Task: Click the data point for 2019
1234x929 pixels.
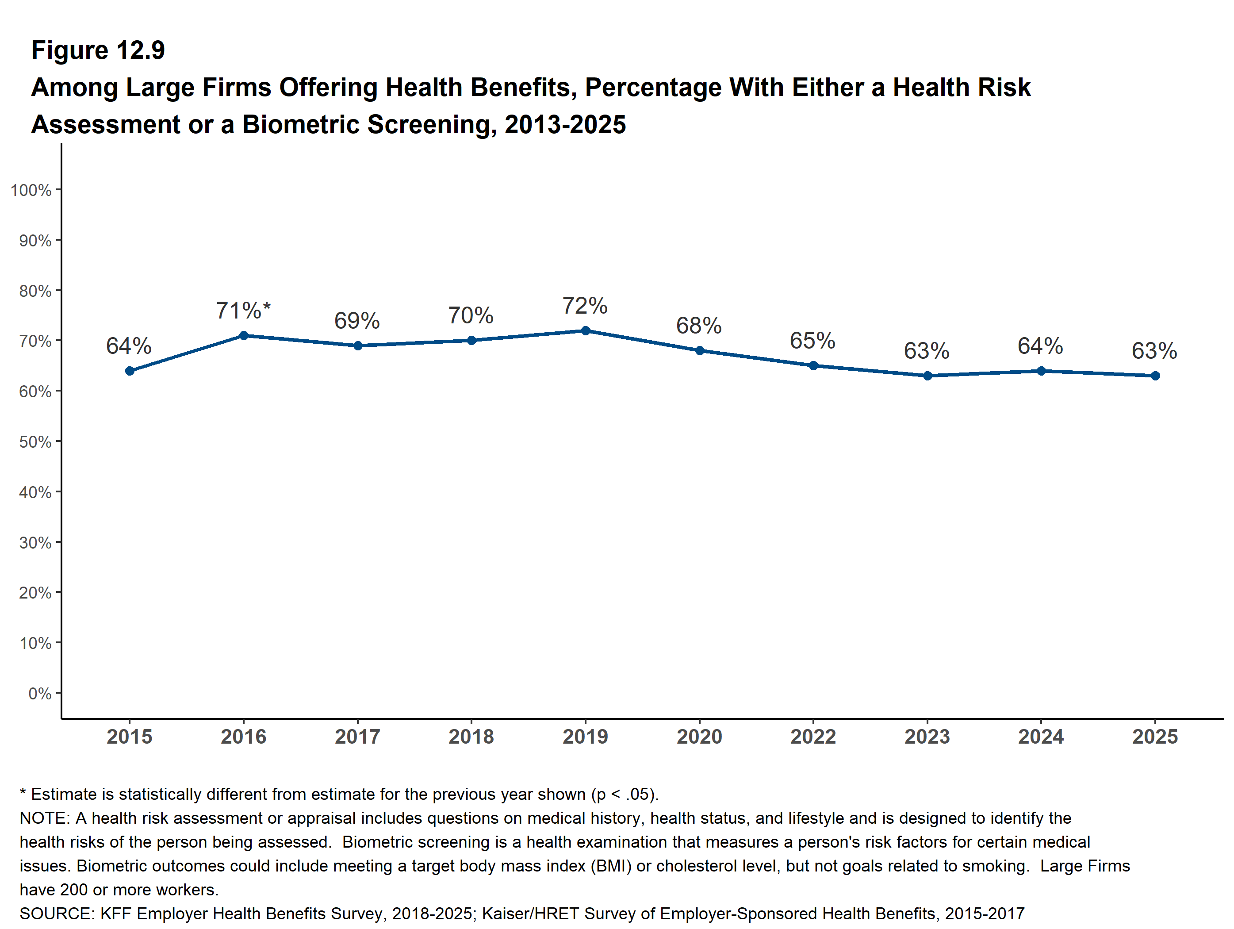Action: tap(585, 330)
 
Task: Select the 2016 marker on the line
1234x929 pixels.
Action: tap(244, 335)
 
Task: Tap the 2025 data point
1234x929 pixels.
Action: tap(1155, 376)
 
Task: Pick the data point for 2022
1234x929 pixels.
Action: tap(813, 365)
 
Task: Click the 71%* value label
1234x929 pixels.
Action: tap(243, 310)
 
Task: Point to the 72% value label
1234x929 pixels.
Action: tap(585, 305)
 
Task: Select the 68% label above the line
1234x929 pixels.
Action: tap(698, 325)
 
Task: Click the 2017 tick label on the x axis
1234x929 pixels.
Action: tap(357, 737)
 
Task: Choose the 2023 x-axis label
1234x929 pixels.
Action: tap(927, 737)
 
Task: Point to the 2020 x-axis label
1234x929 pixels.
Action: tap(699, 737)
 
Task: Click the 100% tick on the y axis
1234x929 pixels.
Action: tap(31, 190)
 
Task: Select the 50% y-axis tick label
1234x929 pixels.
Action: tap(35, 442)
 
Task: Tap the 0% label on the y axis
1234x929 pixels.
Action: tap(40, 694)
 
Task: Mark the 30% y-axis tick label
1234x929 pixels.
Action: tap(35, 542)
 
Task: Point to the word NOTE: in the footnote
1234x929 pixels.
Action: tap(45, 818)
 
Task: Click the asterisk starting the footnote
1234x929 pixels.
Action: tap(23, 793)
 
